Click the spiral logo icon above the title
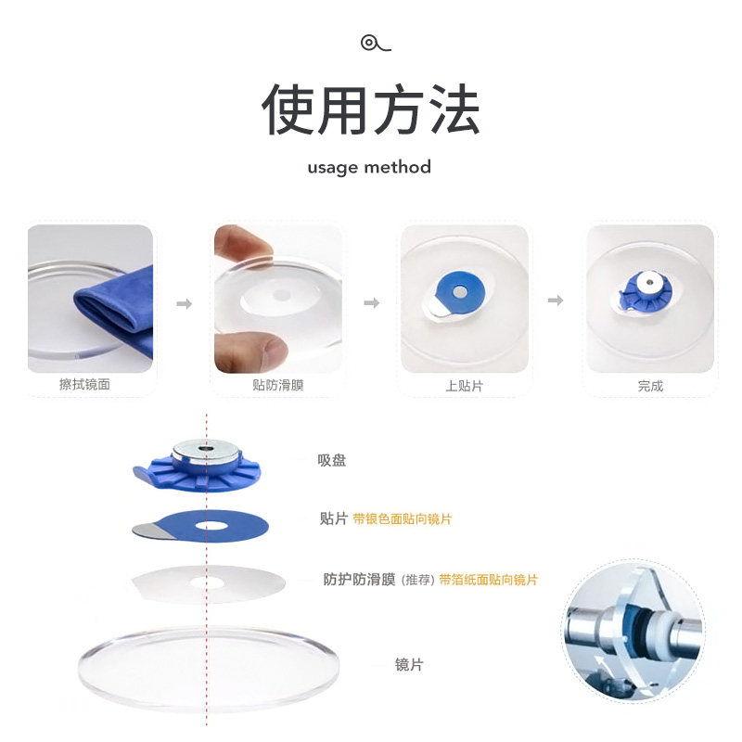click(376, 43)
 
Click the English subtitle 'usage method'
click(369, 168)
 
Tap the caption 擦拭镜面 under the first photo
click(84, 384)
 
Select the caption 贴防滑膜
click(277, 385)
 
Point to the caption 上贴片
click(464, 386)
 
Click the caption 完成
click(650, 386)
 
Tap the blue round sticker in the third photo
click(456, 292)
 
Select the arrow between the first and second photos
click(184, 303)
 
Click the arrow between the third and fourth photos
click(556, 301)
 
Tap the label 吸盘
click(332, 460)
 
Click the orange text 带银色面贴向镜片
click(403, 519)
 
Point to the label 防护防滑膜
click(359, 580)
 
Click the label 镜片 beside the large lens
click(409, 665)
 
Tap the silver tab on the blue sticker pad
click(147, 531)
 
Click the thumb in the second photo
click(253, 352)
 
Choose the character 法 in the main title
click(455, 109)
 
